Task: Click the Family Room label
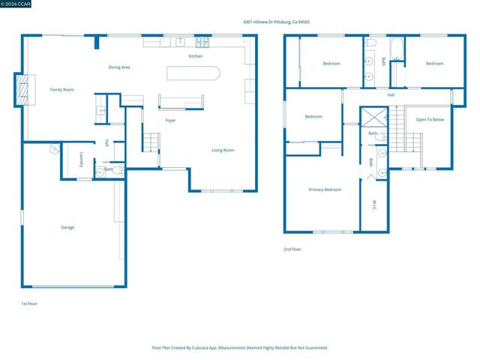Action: point(62,90)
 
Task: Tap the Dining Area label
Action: point(119,67)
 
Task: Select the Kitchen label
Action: point(195,56)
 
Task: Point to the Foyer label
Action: point(170,121)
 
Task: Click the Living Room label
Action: point(223,150)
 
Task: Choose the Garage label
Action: point(67,227)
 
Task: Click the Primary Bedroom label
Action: point(325,190)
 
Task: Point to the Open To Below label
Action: point(430,120)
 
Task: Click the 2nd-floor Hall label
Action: point(391,95)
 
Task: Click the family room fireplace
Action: point(25,89)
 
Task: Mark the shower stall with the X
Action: point(373,118)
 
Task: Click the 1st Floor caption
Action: point(28,304)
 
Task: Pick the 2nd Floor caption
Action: point(292,249)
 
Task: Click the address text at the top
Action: point(276,22)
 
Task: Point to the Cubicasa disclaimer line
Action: point(240,347)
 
